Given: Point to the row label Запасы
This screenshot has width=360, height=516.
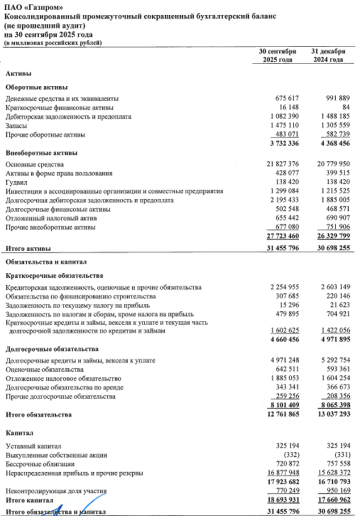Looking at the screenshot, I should pos(16,126).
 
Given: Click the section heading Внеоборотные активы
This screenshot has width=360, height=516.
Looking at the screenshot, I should pos(38,153).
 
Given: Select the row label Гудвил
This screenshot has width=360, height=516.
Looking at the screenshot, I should pos(16,182).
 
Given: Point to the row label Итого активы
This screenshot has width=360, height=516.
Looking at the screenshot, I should pos(28,248).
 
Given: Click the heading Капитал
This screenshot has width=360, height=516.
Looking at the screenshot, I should pos(18,433).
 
